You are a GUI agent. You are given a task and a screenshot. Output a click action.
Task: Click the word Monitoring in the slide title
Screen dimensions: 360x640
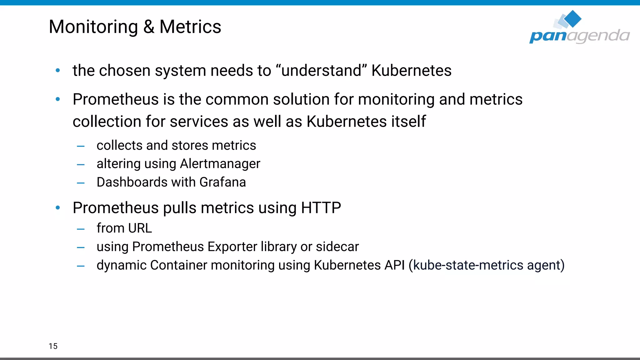pyautogui.click(x=93, y=27)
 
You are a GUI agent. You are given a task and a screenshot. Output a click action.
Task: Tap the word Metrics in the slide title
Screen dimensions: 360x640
pyautogui.click(x=190, y=27)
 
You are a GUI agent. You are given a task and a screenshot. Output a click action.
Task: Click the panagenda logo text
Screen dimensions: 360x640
pyautogui.click(x=579, y=36)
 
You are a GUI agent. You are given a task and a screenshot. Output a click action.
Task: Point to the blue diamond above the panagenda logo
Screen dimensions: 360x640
pyautogui.click(x=573, y=18)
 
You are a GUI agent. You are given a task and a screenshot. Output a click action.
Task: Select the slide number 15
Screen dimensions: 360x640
pyautogui.click(x=53, y=346)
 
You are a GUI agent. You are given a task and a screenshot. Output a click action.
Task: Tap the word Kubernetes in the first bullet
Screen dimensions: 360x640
pyautogui.click(x=411, y=71)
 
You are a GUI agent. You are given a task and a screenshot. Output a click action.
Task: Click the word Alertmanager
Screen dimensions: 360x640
pyautogui.click(x=220, y=164)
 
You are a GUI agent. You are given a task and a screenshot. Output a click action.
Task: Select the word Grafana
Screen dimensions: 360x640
pyautogui.click(x=222, y=182)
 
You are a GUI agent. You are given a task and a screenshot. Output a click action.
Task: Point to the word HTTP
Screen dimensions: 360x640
pyautogui.click(x=321, y=208)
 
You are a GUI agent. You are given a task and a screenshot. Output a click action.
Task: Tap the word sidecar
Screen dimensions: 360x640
pyautogui.click(x=337, y=247)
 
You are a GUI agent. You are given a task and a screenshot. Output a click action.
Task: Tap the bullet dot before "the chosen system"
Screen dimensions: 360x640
pyautogui.click(x=58, y=71)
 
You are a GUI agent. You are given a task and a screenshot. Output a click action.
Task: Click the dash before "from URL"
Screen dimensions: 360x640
pyautogui.click(x=81, y=229)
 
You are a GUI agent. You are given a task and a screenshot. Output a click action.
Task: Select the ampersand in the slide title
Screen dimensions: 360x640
pyautogui.click(x=149, y=27)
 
